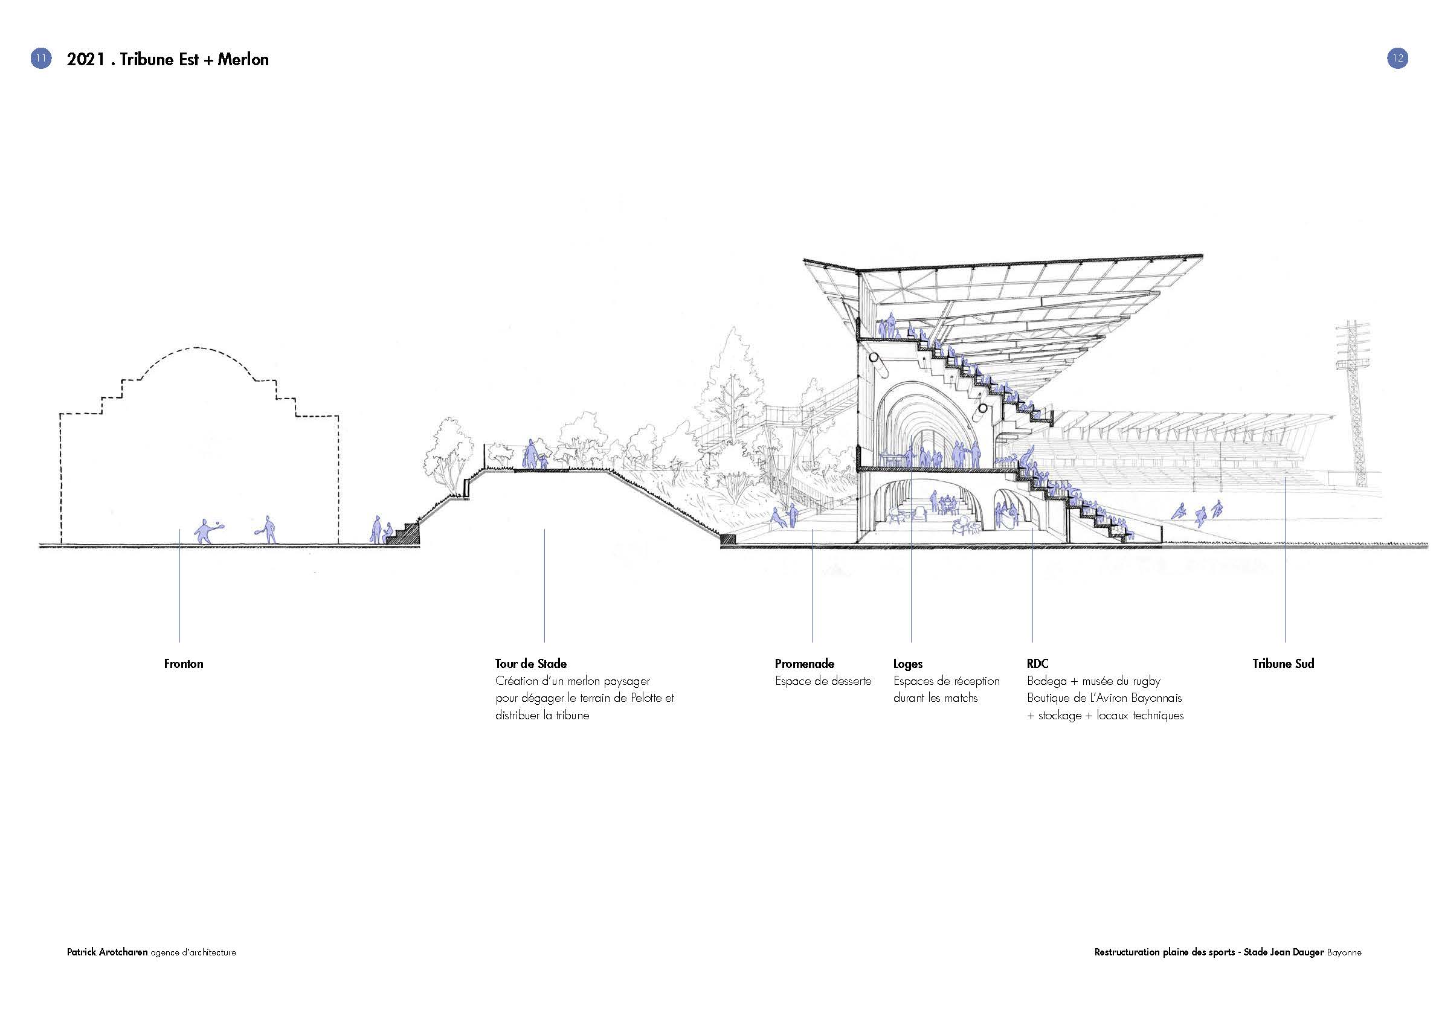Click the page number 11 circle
(x=40, y=59)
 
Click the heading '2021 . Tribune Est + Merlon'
(x=167, y=60)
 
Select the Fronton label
(x=184, y=664)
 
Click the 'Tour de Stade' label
(x=531, y=664)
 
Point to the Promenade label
(x=804, y=664)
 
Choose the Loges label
(x=907, y=664)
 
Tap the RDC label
(x=1037, y=664)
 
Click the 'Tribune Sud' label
(x=1283, y=664)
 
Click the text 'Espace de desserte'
(x=823, y=681)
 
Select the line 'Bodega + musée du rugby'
(x=1093, y=681)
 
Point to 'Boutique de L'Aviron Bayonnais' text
(x=1104, y=698)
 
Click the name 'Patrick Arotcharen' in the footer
(x=107, y=952)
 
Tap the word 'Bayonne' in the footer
(x=1344, y=952)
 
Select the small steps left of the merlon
(x=403, y=534)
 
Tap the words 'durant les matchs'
(x=935, y=698)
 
